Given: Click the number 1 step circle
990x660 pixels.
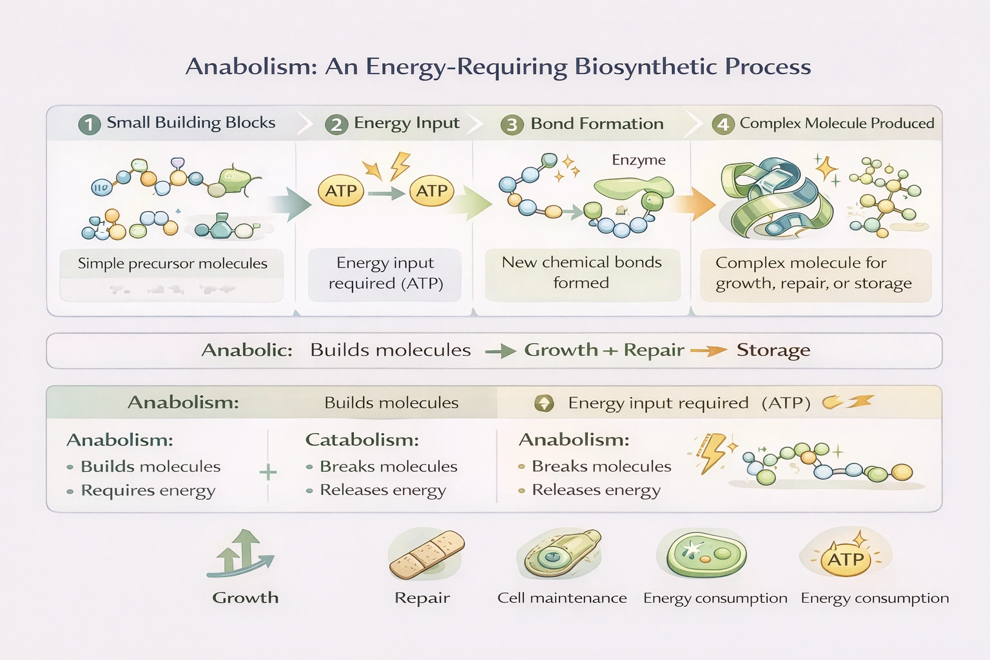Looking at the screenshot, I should point(90,124).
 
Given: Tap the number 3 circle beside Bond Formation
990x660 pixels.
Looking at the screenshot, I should point(512,124).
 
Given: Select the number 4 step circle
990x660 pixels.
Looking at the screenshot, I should point(723,124).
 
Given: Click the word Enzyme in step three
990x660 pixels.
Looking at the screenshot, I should point(638,160).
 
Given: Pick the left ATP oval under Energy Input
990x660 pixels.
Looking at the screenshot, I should point(341,191).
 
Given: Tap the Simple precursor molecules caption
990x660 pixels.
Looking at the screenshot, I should point(172,264).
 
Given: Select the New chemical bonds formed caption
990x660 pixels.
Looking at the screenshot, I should point(581,273).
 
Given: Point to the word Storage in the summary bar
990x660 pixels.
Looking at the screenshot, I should point(773,350).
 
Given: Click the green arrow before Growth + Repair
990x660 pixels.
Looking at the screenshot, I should point(501,351).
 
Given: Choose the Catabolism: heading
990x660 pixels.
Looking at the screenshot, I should point(362,440).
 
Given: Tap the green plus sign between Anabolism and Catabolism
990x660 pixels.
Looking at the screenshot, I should point(268,472).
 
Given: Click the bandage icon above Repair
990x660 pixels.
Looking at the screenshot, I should point(427,554).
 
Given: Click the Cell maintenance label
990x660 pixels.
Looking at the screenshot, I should point(561,598).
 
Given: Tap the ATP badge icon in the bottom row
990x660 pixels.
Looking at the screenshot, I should point(846,558).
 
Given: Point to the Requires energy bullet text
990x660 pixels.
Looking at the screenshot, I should point(148,491).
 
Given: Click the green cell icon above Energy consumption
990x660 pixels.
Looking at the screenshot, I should point(705,554).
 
